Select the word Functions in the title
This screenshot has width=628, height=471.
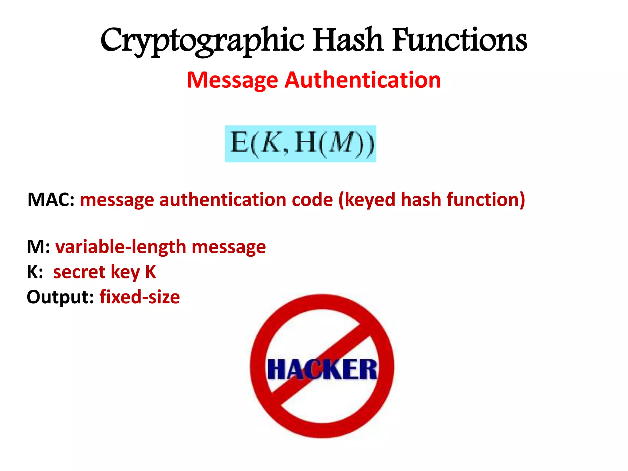460,40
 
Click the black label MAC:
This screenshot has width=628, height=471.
51,200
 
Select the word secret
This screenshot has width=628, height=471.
79,272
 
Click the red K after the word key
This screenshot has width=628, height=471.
150,272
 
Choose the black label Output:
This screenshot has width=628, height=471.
60,297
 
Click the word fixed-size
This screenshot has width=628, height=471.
140,297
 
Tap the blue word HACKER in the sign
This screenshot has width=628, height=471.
322,369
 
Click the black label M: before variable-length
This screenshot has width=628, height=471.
38,247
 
